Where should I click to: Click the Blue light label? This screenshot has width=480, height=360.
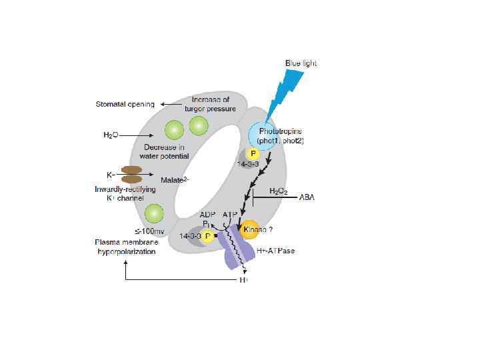(301, 63)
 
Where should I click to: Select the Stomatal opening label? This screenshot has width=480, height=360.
(125, 105)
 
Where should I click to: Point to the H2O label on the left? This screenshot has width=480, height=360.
(110, 135)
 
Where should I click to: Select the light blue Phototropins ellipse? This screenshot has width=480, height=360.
(266, 135)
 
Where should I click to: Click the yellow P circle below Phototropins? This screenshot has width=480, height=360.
(253, 153)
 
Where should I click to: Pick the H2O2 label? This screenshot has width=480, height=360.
(278, 191)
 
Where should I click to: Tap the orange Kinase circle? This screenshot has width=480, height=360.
(249, 229)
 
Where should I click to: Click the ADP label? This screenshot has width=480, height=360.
(209, 215)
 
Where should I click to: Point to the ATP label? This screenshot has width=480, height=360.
(230, 215)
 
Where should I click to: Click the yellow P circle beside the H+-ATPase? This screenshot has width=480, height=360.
(208, 236)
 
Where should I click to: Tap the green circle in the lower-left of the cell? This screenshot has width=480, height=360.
(154, 213)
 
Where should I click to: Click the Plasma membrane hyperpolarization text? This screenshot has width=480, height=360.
(127, 247)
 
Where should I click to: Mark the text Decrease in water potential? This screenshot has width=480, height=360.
(162, 151)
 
